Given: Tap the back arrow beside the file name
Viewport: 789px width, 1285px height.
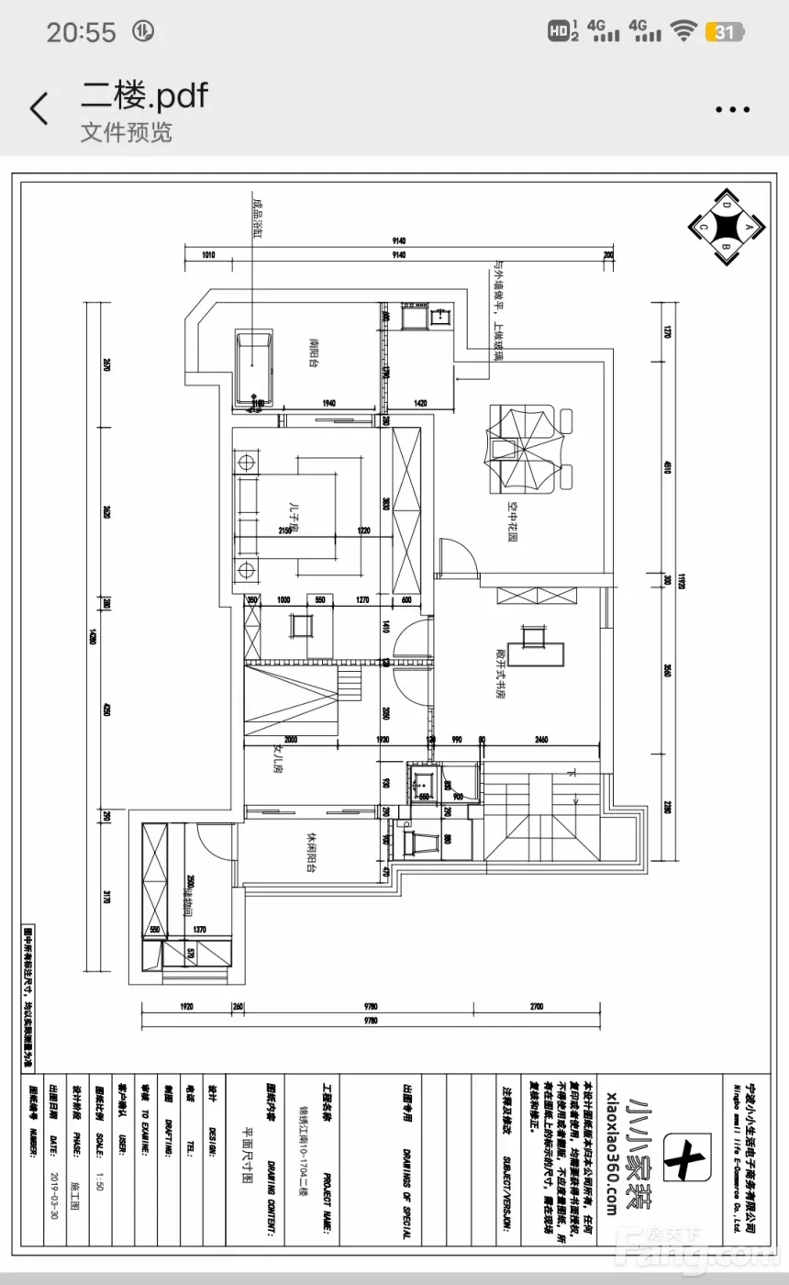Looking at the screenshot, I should point(39,109).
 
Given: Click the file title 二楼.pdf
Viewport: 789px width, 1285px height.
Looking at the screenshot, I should point(144,94).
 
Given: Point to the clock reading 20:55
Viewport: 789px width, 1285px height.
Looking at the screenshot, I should point(82,33).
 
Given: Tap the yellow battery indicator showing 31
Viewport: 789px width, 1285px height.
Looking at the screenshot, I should point(724,32).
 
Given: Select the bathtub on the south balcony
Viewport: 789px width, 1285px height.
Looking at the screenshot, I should point(254,370).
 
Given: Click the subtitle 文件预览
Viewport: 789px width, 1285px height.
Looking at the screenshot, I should point(126,132).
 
